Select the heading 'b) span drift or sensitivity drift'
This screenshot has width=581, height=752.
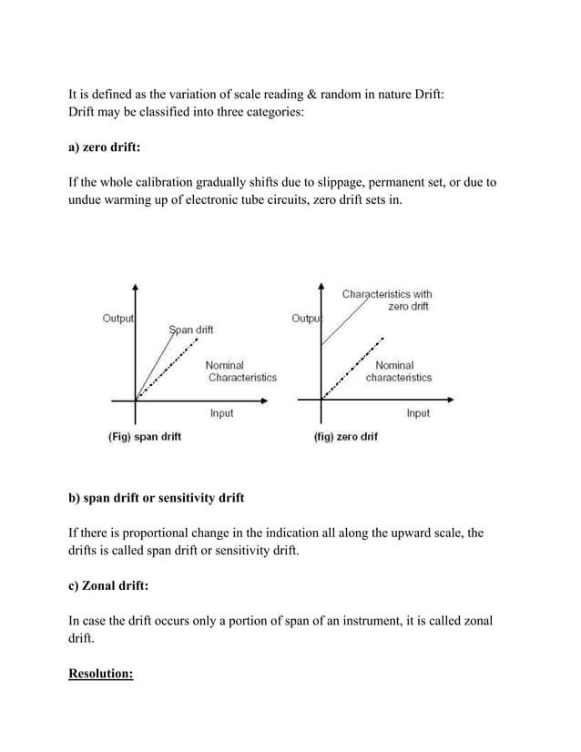157,498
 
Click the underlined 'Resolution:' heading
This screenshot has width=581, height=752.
101,675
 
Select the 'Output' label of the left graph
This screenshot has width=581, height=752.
118,319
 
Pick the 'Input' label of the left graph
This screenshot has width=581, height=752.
221,413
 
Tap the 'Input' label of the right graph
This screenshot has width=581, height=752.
418,413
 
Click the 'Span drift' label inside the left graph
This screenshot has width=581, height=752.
191,330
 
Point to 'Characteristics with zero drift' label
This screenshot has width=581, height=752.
387,300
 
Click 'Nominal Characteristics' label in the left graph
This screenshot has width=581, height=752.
241,371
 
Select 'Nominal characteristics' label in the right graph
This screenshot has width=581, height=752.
399,371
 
